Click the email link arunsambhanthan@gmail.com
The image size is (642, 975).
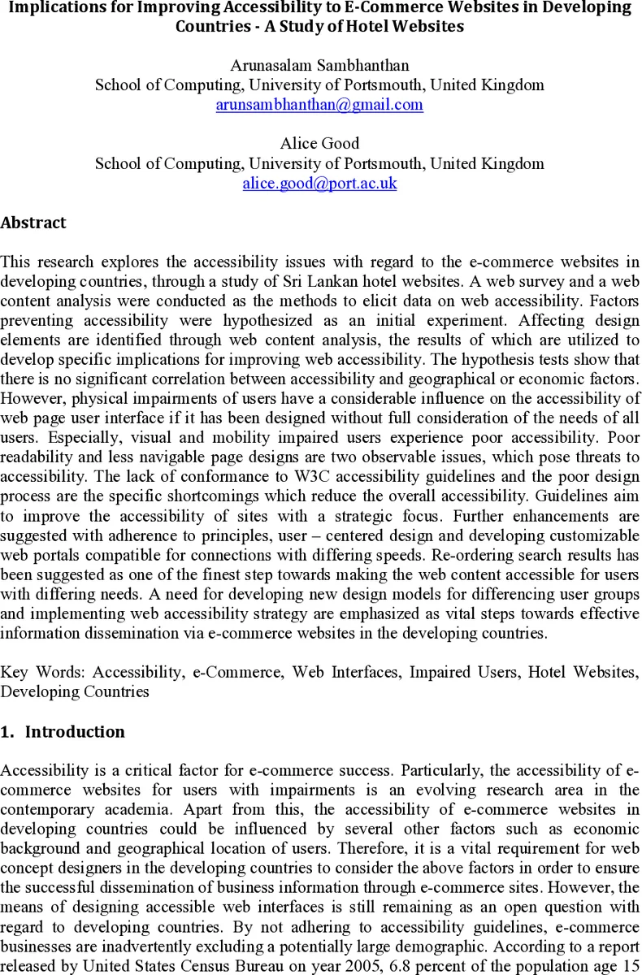point(319,105)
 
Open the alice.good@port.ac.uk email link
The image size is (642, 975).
point(319,184)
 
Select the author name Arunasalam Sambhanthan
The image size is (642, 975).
point(319,66)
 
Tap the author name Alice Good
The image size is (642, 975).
point(319,144)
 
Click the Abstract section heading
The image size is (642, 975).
point(33,223)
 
